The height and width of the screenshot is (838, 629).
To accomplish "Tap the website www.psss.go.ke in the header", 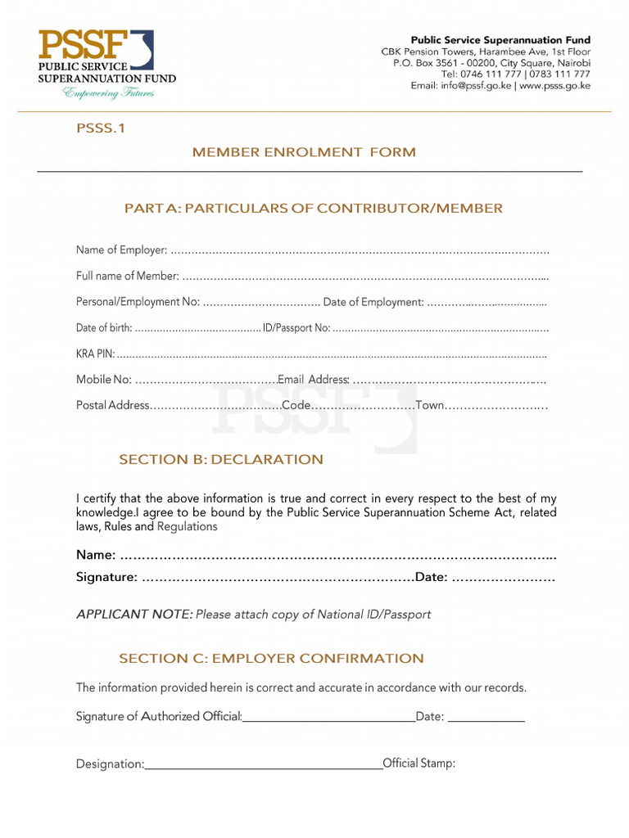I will click(555, 85).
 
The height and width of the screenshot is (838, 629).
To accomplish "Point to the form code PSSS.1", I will click(100, 128).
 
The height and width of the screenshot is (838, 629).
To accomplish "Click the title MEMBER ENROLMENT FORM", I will click(304, 152).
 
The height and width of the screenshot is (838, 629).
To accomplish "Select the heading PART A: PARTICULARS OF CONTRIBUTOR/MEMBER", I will click(313, 209).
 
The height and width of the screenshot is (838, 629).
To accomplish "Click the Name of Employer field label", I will click(121, 250).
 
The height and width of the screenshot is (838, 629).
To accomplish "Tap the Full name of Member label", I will click(127, 276).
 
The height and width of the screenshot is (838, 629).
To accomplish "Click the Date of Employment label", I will click(373, 302).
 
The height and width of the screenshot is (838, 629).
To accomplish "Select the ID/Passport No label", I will click(296, 328).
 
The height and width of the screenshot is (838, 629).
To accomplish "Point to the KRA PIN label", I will click(95, 354).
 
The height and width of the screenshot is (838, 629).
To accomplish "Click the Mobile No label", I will click(103, 380).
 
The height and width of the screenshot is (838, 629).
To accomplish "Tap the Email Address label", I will click(314, 380).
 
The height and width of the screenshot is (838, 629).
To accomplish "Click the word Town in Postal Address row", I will click(429, 405).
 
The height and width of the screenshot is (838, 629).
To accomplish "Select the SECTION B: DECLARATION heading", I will click(221, 459).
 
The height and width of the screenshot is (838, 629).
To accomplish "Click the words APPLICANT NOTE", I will click(134, 614).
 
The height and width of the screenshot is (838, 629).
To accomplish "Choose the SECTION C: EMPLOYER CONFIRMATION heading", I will click(271, 658).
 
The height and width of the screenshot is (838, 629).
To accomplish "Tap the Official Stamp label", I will click(419, 764).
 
